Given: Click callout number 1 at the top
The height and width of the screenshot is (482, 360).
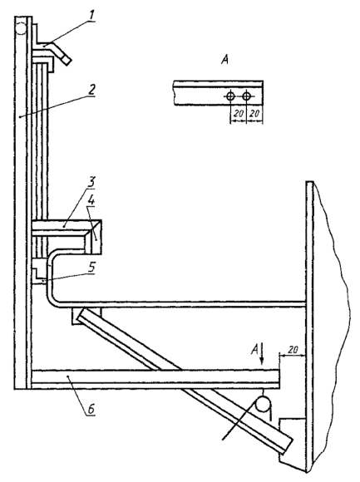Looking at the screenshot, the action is point(91,15).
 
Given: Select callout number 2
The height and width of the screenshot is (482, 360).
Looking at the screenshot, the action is point(91,90).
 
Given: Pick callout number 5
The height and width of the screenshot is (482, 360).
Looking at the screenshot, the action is point(91,267).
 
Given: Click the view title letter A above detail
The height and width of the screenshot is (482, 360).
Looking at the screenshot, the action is point(225,60).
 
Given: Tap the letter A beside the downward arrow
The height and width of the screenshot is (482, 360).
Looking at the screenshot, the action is point(255,350).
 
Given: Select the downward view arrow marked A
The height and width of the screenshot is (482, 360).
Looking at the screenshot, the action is point(262,354).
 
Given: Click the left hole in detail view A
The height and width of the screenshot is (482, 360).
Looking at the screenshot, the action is point(230,96).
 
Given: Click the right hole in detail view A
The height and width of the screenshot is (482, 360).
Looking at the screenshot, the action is point(246,96).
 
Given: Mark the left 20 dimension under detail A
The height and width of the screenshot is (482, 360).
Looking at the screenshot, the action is point(238,114).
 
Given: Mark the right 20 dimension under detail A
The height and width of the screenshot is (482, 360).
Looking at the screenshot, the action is point(254,114).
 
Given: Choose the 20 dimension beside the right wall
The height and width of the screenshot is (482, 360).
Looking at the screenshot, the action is point(293,350).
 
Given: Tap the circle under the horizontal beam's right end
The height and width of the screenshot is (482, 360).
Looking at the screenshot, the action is point(264,404).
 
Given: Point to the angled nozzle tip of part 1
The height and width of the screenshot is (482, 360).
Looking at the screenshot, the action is point(67,60).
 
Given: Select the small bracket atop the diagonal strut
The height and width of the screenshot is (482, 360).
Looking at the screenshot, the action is point(86,317).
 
